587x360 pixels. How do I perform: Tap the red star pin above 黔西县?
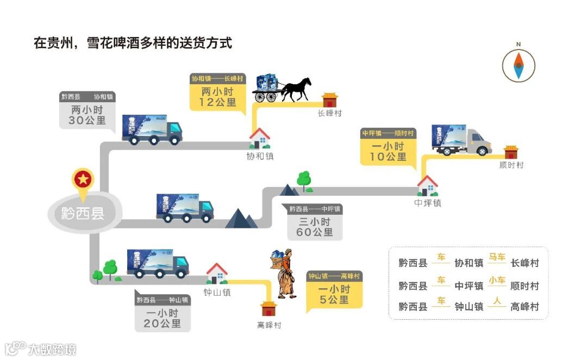coord(83,179)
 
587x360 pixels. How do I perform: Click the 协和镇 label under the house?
coord(259,156)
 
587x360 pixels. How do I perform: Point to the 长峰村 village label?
coord(330,113)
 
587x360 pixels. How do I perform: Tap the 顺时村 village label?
coord(511,165)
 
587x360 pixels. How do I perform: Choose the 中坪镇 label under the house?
coord(428,203)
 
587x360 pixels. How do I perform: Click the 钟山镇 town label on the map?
coord(217,292)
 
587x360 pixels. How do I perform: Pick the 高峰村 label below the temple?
coord(270,325)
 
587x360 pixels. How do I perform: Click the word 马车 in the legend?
coord(497,257)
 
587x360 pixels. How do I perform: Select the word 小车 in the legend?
coord(497,281)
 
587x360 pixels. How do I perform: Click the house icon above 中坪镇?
coord(428,185)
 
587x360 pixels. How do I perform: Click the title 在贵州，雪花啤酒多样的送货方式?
coord(133,44)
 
